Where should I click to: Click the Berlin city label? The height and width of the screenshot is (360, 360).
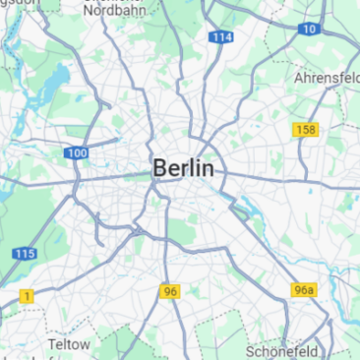(x=183, y=169)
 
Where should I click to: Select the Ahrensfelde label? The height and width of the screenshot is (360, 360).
(x=328, y=77)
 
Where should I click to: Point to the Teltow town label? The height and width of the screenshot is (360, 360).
(x=69, y=345)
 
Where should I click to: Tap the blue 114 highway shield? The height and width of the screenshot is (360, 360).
(x=221, y=37)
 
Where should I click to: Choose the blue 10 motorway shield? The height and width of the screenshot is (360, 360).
(x=309, y=29)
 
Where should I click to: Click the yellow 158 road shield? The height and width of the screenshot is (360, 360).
(x=305, y=130)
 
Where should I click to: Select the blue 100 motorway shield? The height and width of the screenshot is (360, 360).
(x=76, y=153)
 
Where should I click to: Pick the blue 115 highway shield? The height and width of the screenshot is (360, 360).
(x=25, y=254)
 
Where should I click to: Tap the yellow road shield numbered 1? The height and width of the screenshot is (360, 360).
(x=27, y=295)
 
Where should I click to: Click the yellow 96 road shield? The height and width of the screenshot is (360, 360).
(x=170, y=291)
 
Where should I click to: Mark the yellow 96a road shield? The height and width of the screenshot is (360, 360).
(x=304, y=290)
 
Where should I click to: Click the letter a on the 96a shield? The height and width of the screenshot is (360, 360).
(x=311, y=290)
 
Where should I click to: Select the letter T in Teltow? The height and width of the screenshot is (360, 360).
(x=53, y=345)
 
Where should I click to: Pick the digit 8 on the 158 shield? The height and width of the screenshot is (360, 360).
(x=311, y=130)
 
